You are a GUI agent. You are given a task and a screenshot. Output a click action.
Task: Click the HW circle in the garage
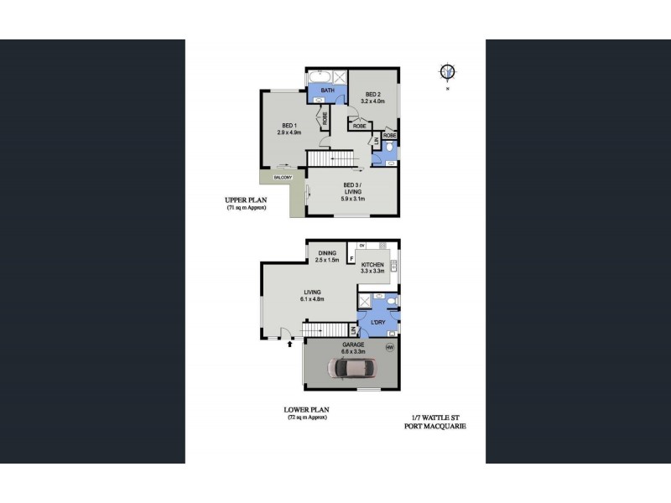(389, 347)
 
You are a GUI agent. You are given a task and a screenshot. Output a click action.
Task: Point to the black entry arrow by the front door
(290, 342)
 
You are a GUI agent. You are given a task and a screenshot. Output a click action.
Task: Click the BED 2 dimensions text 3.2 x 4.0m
(372, 101)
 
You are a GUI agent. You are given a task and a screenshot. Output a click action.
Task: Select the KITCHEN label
(372, 263)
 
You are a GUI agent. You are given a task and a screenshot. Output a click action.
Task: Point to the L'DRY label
(372, 323)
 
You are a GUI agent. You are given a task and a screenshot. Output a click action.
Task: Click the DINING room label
(327, 252)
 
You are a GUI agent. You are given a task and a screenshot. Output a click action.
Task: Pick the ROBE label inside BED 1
(325, 118)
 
